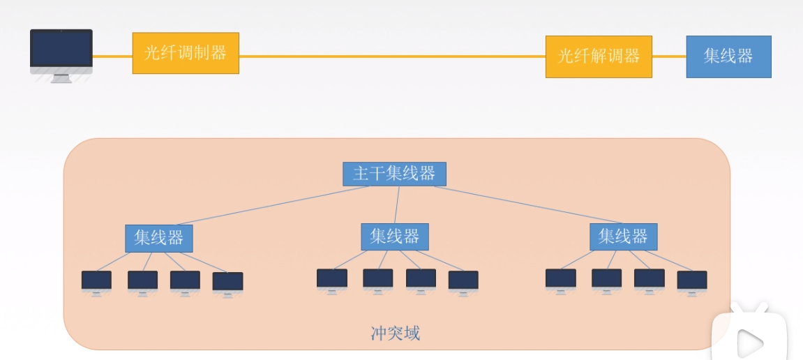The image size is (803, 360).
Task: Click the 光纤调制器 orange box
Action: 186,53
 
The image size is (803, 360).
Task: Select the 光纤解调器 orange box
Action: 599,57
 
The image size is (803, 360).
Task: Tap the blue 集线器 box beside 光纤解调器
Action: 728,57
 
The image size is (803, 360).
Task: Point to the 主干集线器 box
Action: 394,174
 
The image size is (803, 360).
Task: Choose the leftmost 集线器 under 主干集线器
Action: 159,238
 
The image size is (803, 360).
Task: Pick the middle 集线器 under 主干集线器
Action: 394,237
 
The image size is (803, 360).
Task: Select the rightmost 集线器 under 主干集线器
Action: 623,237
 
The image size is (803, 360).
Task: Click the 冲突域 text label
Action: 395,333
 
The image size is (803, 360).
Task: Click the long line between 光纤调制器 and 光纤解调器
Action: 391,57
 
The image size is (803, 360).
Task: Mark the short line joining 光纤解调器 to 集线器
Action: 669,57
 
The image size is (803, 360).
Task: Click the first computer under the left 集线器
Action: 96,281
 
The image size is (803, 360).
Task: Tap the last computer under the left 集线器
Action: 227,283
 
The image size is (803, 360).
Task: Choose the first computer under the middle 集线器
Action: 332,280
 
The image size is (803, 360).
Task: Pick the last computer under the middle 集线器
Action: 463,281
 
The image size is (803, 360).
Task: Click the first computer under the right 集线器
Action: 561,280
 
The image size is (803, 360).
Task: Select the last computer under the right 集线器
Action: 692,281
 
